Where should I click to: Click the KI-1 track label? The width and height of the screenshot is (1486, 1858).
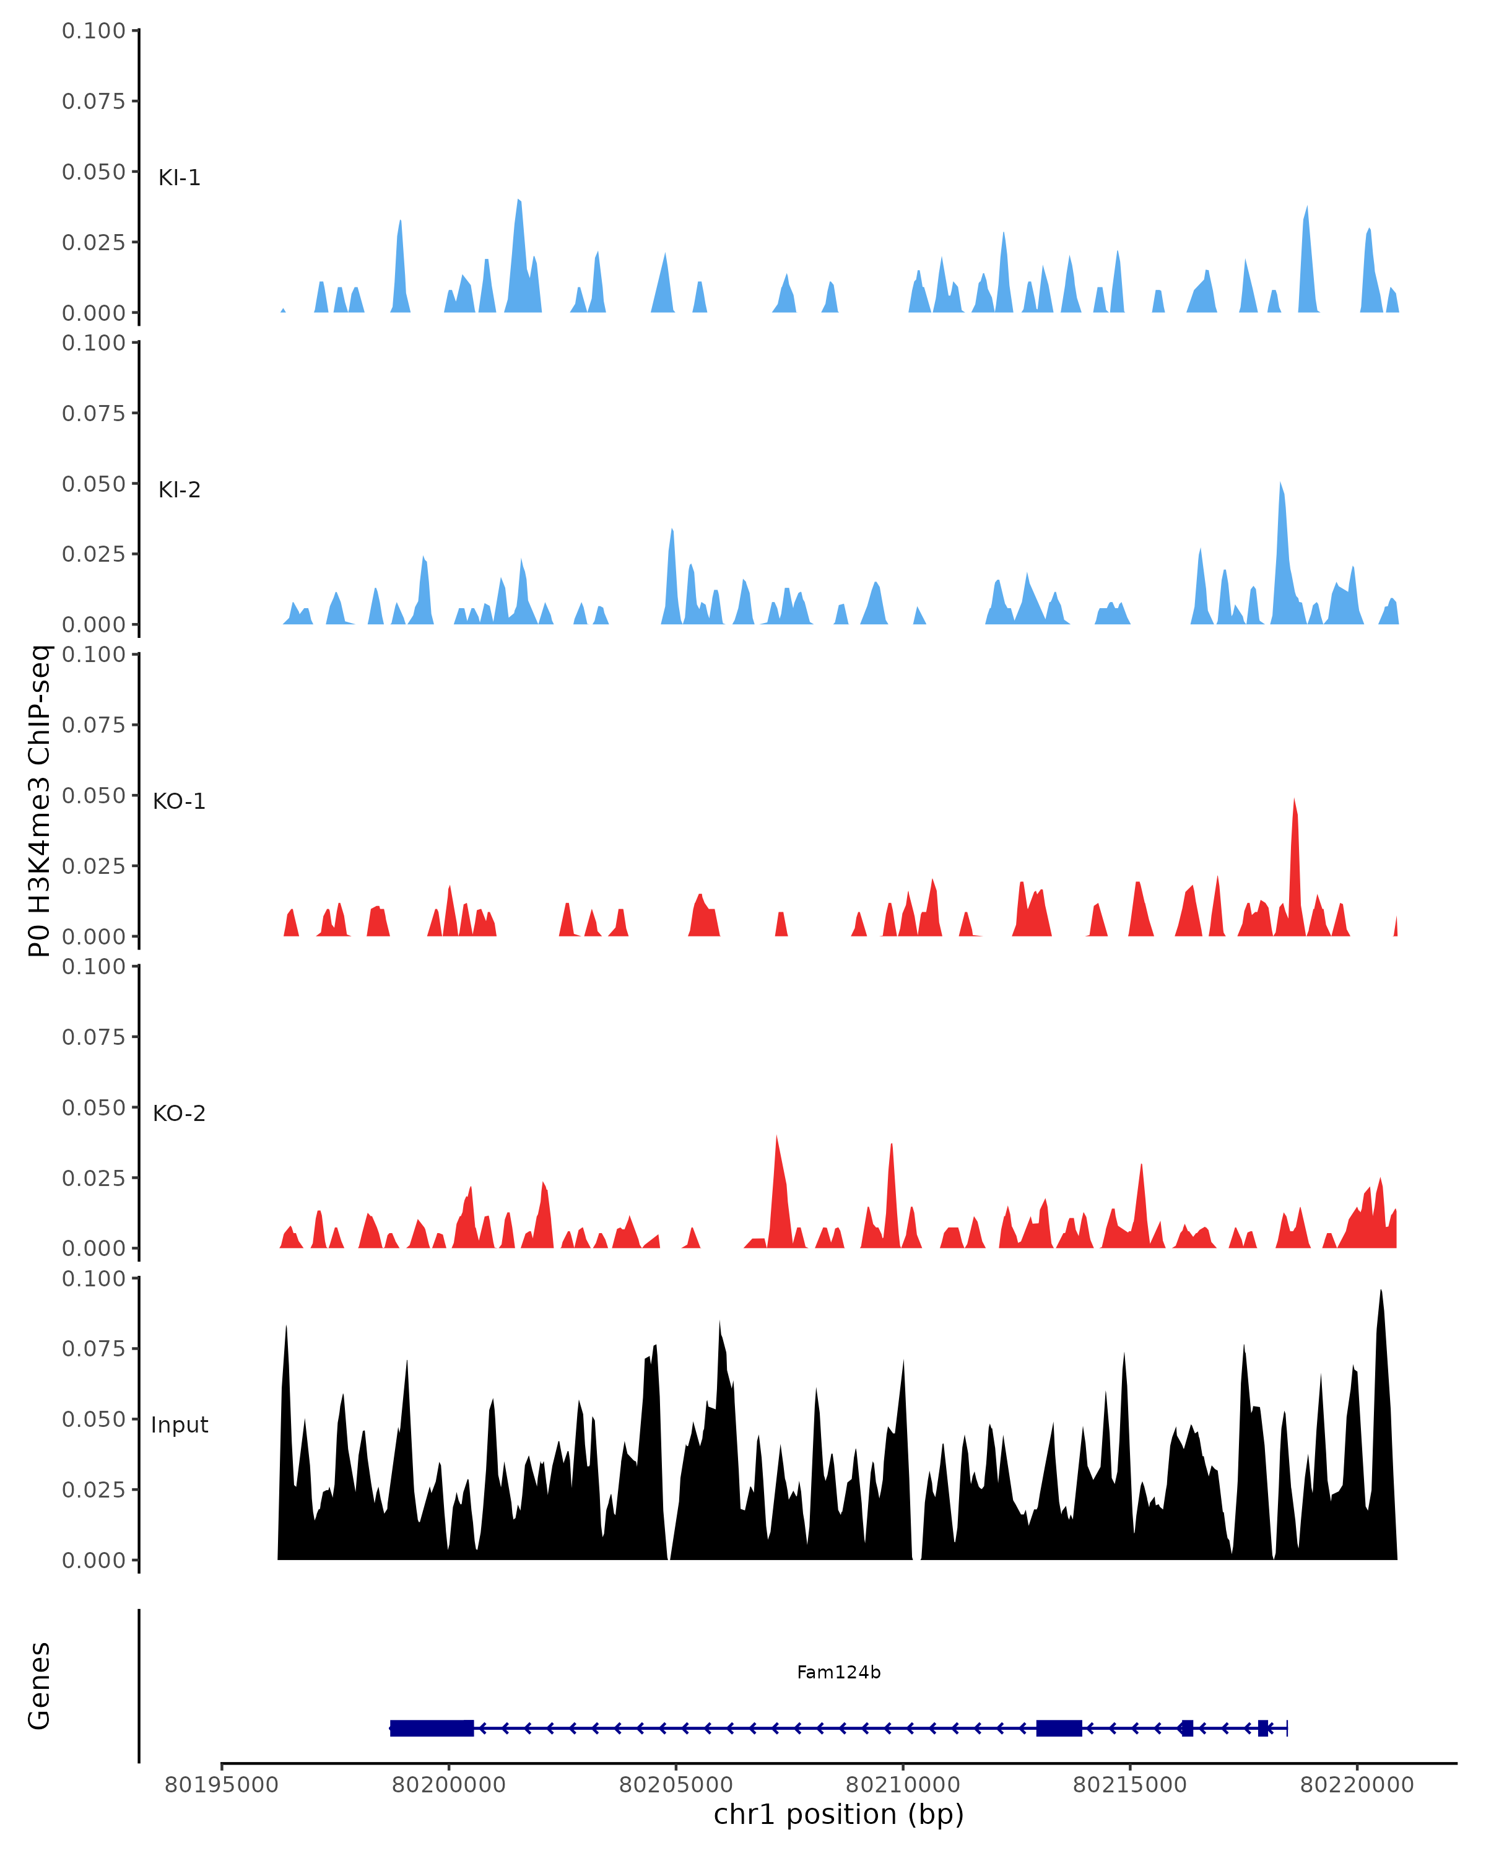pos(179,178)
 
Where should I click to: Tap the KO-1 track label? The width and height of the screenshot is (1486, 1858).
pos(179,801)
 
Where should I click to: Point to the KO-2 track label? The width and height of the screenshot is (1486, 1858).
pos(179,1114)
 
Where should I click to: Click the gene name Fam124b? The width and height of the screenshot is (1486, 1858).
pos(838,1673)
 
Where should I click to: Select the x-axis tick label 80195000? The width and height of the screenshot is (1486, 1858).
pos(222,1785)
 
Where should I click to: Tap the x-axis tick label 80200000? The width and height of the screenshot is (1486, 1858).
pos(449,1785)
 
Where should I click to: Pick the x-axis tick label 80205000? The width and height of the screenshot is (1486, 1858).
pos(676,1785)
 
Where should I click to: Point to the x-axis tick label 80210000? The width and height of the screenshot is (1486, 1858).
pos(903,1785)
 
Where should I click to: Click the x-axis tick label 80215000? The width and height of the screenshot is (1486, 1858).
pos(1129,1785)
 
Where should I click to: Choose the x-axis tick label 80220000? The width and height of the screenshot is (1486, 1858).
pos(1357,1785)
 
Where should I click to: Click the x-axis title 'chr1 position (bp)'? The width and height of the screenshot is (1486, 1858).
pos(838,1815)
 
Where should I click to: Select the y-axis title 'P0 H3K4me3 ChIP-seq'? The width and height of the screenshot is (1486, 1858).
pos(40,801)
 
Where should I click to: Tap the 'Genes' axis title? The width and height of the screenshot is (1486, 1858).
pos(40,1686)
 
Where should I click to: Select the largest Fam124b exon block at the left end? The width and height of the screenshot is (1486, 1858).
pos(432,1728)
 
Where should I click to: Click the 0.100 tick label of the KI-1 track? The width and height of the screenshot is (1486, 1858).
pos(93,31)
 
